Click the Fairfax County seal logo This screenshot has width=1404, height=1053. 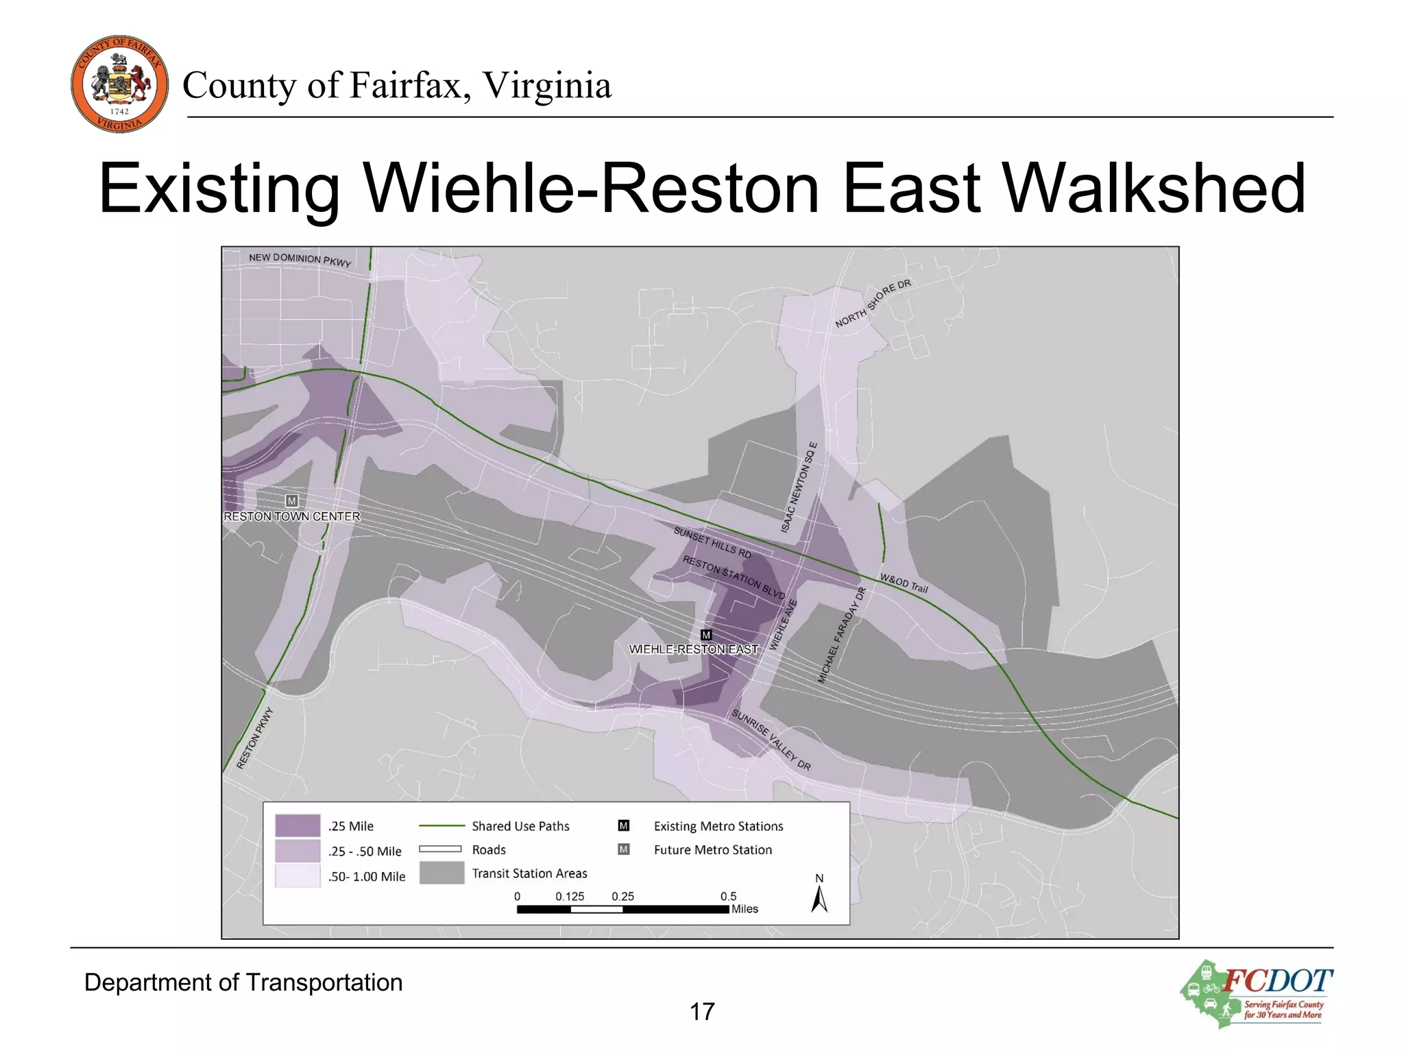coord(119,84)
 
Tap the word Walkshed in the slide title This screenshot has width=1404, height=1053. coord(1154,188)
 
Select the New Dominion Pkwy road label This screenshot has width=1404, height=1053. coord(300,259)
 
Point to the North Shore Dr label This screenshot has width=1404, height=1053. coord(873,303)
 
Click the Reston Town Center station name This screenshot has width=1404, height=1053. coord(292,516)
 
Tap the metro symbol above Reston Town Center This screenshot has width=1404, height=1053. coord(292,500)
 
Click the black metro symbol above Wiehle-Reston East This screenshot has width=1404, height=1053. coord(706,635)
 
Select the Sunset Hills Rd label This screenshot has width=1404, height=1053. coord(712,542)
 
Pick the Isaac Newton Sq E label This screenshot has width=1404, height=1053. coord(799,487)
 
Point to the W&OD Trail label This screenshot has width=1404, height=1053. coord(904,583)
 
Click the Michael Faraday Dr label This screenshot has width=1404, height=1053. coord(842,635)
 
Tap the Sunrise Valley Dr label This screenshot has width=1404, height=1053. coord(771,740)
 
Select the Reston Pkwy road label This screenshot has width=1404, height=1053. coord(255,738)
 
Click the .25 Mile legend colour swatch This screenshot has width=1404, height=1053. coord(298,825)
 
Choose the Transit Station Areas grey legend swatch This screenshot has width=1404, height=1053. coord(441,873)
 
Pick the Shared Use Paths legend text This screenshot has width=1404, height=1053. coord(520,826)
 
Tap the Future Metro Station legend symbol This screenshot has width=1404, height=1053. coord(623,849)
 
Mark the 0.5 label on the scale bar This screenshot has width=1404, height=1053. coord(728,896)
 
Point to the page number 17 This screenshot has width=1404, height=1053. coord(702,1011)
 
